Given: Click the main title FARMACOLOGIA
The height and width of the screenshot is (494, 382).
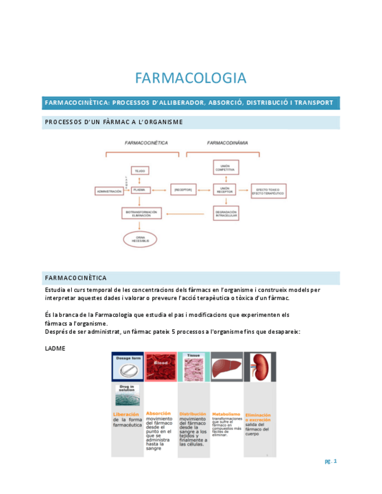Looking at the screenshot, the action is pyautogui.click(x=191, y=78).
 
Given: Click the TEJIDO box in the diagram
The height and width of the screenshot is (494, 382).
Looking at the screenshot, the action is pyautogui.click(x=139, y=171).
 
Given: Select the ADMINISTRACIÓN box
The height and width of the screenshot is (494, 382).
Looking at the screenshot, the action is pyautogui.click(x=109, y=191).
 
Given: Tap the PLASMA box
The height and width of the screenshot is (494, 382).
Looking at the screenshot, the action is pyautogui.click(x=139, y=190).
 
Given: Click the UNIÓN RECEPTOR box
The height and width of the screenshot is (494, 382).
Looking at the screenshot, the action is pyautogui.click(x=225, y=190).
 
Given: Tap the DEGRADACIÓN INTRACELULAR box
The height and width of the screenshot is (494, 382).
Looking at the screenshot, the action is pyautogui.click(x=225, y=213).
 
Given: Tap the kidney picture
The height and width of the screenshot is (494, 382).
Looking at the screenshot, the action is pyautogui.click(x=260, y=368).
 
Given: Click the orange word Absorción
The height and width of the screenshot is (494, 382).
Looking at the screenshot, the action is pyautogui.click(x=158, y=413).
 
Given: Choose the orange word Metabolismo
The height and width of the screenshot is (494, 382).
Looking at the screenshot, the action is pyautogui.click(x=226, y=414).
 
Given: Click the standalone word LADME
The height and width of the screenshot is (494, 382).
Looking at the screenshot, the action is pyautogui.click(x=55, y=349).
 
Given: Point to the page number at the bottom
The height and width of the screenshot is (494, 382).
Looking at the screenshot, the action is pyautogui.click(x=331, y=462).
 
